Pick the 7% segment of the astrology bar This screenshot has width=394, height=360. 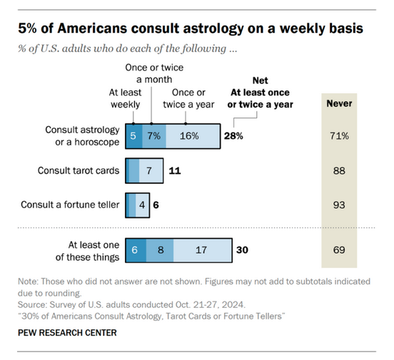(154, 135)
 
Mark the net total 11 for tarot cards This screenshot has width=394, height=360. (175, 171)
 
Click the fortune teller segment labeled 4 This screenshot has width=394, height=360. (142, 205)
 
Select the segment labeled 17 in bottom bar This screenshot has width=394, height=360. (201, 251)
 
